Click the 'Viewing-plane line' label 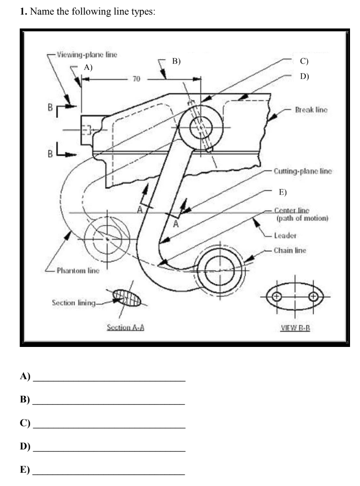click(x=87, y=54)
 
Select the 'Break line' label click(x=311, y=110)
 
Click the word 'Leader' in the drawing click(x=285, y=235)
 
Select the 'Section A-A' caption click(x=125, y=327)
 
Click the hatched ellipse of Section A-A click(x=127, y=299)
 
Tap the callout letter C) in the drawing click(x=304, y=61)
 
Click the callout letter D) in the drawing click(x=304, y=76)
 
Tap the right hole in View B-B click(x=313, y=298)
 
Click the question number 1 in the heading click(x=22, y=13)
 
